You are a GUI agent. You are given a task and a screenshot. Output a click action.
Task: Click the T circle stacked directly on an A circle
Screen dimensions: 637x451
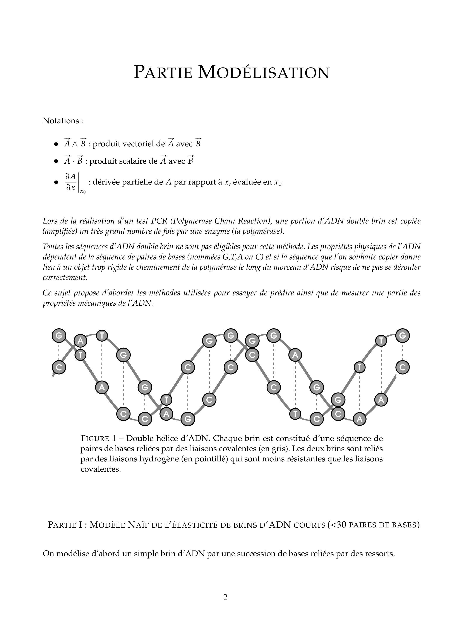[166, 400]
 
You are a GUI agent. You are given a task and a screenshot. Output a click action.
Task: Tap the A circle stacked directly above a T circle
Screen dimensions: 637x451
[80, 341]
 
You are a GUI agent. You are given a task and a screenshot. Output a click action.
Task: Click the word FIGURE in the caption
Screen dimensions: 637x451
[95, 439]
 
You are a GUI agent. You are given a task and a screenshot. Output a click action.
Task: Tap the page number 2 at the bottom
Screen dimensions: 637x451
[225, 597]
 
